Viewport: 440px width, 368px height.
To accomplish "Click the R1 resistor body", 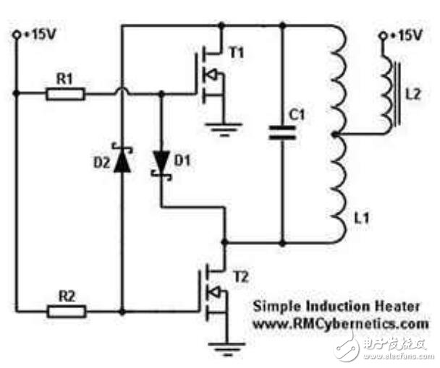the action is click(65, 94).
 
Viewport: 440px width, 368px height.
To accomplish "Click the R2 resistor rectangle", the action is click(67, 312).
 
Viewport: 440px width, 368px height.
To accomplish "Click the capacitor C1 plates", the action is click(282, 132).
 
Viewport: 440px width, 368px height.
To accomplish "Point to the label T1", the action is click(237, 53).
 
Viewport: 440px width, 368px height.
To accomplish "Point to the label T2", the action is click(241, 278).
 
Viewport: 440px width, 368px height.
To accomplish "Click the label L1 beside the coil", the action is click(361, 218).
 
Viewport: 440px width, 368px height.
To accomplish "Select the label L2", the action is click(413, 94).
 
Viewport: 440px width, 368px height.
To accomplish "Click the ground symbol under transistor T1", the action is click(224, 129).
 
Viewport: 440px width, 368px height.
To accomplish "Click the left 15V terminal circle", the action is click(17, 35).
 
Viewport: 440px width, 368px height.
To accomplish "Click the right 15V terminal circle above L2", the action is click(383, 35).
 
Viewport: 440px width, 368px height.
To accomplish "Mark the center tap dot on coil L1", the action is click(334, 134).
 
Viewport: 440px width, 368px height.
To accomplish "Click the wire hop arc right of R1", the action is click(122, 90).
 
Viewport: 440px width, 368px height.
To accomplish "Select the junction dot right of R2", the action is click(122, 312).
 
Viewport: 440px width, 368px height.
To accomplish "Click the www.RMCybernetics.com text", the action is click(341, 325).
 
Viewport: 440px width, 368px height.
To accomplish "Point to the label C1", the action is click(297, 115).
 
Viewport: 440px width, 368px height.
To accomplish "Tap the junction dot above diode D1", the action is click(161, 93).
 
